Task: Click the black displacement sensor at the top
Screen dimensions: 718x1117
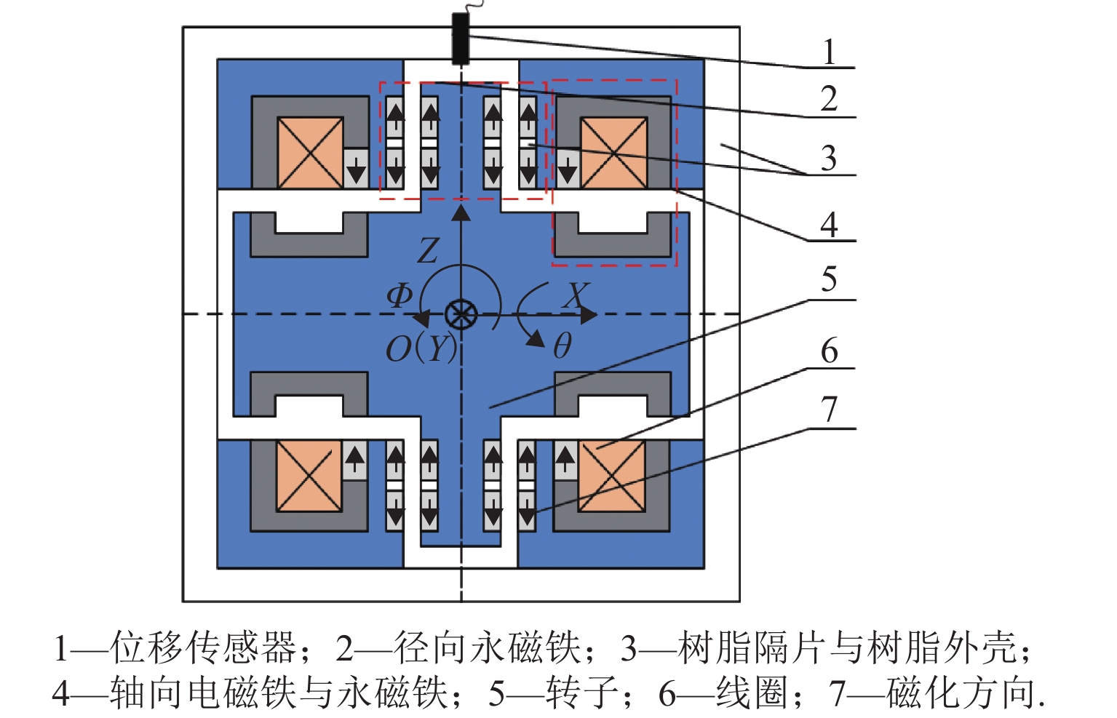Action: tap(460, 38)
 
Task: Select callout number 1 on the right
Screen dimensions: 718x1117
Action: tap(829, 52)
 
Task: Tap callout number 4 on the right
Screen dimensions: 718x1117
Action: tap(829, 226)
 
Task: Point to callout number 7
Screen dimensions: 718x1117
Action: tap(829, 410)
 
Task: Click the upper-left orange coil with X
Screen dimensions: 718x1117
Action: tap(310, 153)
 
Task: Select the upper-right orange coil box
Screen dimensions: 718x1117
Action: tap(613, 153)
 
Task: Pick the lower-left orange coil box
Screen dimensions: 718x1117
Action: tap(309, 476)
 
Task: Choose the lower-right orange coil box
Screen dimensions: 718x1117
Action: tap(611, 476)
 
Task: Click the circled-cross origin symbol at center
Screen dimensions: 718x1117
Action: tap(461, 315)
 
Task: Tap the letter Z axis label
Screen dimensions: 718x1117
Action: tap(428, 251)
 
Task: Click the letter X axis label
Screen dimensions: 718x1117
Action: tap(576, 295)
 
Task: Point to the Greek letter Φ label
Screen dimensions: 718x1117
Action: tap(399, 295)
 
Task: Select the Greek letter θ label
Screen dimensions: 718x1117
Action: tap(562, 346)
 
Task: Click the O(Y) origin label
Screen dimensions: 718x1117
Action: tap(421, 348)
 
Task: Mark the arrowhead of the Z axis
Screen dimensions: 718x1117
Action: tap(461, 212)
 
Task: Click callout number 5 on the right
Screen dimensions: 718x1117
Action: tap(829, 279)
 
